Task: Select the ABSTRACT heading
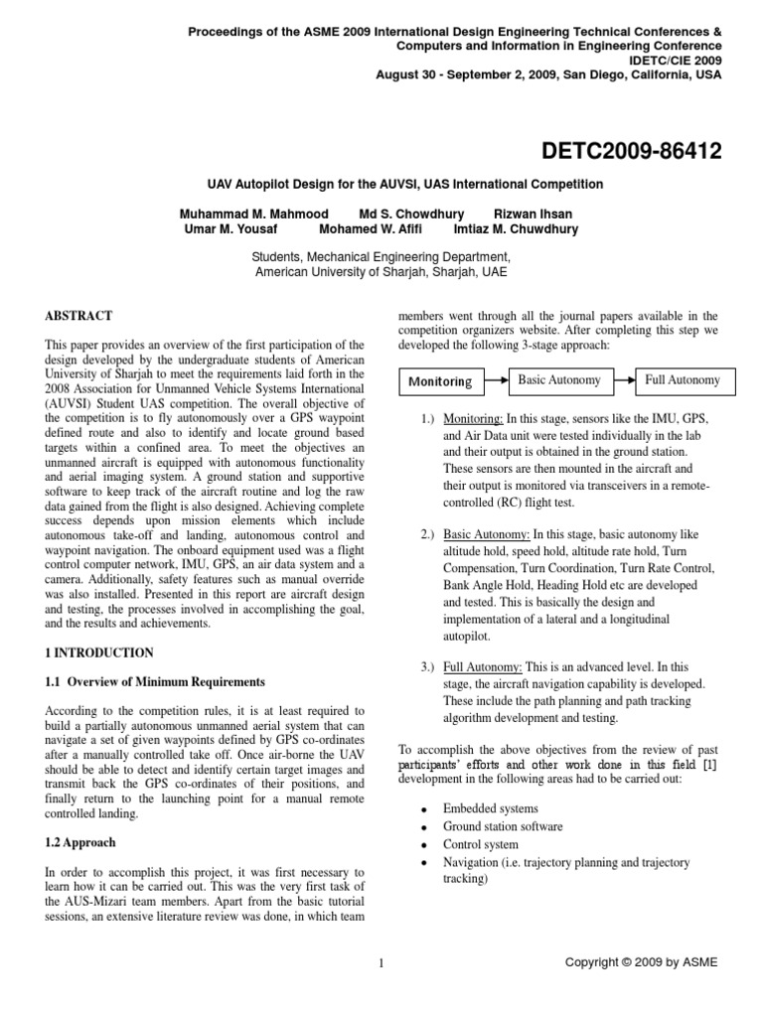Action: point(76,315)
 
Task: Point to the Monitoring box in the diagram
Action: point(440,381)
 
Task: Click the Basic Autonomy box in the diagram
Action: point(558,379)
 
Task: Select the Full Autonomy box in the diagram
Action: point(682,379)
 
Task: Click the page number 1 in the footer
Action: point(381,961)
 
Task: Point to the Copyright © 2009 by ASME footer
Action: point(641,961)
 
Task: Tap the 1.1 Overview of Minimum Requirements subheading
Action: point(155,681)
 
